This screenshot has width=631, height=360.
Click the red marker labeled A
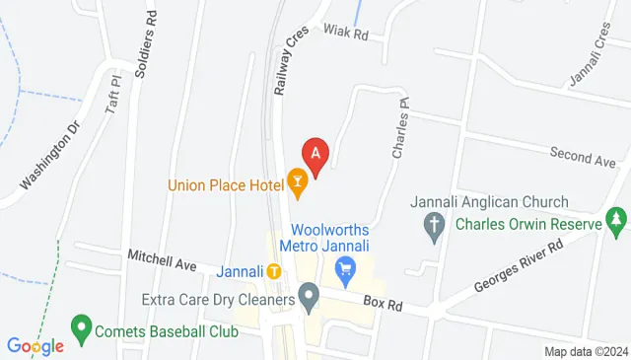pos(315,155)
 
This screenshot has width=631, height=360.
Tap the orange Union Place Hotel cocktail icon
pos(295,180)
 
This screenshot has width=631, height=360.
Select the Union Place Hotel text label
pos(226,183)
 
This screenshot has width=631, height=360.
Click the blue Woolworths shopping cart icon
pos(345,266)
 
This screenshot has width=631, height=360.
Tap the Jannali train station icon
pos(273,270)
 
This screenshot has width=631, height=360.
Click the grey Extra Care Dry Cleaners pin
pos(309,295)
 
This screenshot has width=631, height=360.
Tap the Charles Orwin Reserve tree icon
pos(616,218)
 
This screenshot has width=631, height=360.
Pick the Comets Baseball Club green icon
pos(80,325)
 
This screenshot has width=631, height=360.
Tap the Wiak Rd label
pos(345,33)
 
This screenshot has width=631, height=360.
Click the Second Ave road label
pos(583,157)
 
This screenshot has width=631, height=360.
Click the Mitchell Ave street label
pos(162,261)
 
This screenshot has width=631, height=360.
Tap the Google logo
pos(35,346)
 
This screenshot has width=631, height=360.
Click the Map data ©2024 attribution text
pos(587,351)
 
